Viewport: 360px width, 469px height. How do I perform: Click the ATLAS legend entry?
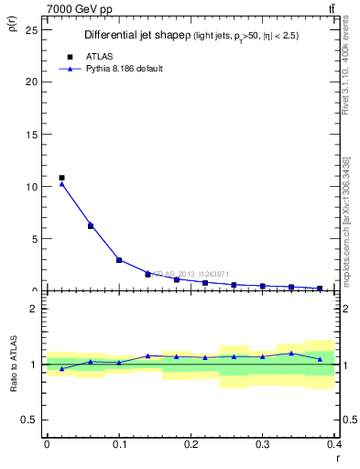[99, 56]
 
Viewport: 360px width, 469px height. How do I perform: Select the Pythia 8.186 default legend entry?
[124, 69]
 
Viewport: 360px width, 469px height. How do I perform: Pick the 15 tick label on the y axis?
[31, 134]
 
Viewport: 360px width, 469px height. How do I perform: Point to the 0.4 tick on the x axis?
[334, 444]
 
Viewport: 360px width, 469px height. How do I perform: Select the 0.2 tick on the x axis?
[191, 444]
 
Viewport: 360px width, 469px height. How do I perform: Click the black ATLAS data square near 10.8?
[61, 178]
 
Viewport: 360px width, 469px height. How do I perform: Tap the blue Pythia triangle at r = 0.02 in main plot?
[61, 184]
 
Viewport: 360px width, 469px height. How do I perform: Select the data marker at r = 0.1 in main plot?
[119, 260]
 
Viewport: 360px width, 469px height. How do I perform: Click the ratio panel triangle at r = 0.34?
[291, 353]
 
